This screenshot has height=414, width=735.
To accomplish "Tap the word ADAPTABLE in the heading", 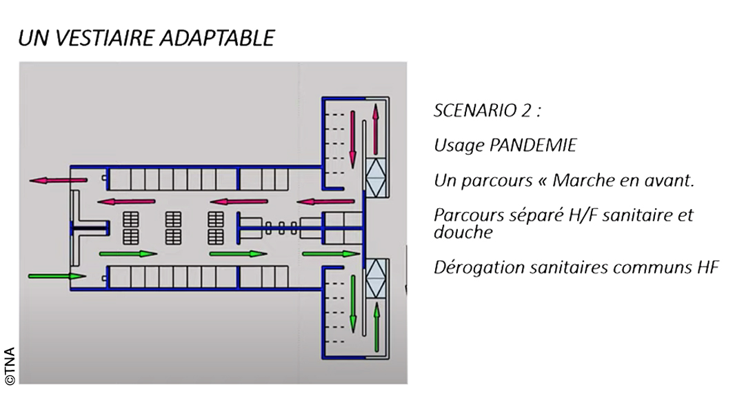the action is pyautogui.click(x=217, y=38).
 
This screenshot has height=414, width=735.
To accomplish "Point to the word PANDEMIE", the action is pyautogui.click(x=532, y=146).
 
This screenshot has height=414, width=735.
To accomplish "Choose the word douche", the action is pyautogui.click(x=463, y=232).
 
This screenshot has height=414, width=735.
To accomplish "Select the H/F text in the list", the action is pyautogui.click(x=583, y=215).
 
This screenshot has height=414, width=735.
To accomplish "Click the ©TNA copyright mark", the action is pyautogui.click(x=10, y=366).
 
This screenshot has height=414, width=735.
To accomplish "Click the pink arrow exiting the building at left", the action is pyautogui.click(x=59, y=180).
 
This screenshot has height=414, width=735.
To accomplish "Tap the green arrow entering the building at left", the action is pyautogui.click(x=57, y=276).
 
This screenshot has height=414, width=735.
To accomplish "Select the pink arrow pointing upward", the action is pyautogui.click(x=376, y=130).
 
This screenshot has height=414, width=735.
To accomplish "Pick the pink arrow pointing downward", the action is pyautogui.click(x=352, y=139).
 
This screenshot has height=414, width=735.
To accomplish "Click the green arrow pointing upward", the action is pyautogui.click(x=376, y=327).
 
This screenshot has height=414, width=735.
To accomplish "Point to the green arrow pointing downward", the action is pyautogui.click(x=352, y=304).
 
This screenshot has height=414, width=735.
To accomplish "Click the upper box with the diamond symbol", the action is pyautogui.click(x=376, y=177).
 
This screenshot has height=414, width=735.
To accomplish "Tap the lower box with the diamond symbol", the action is pyautogui.click(x=376, y=278).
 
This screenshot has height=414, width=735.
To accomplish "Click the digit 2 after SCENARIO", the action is pyautogui.click(x=525, y=110).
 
